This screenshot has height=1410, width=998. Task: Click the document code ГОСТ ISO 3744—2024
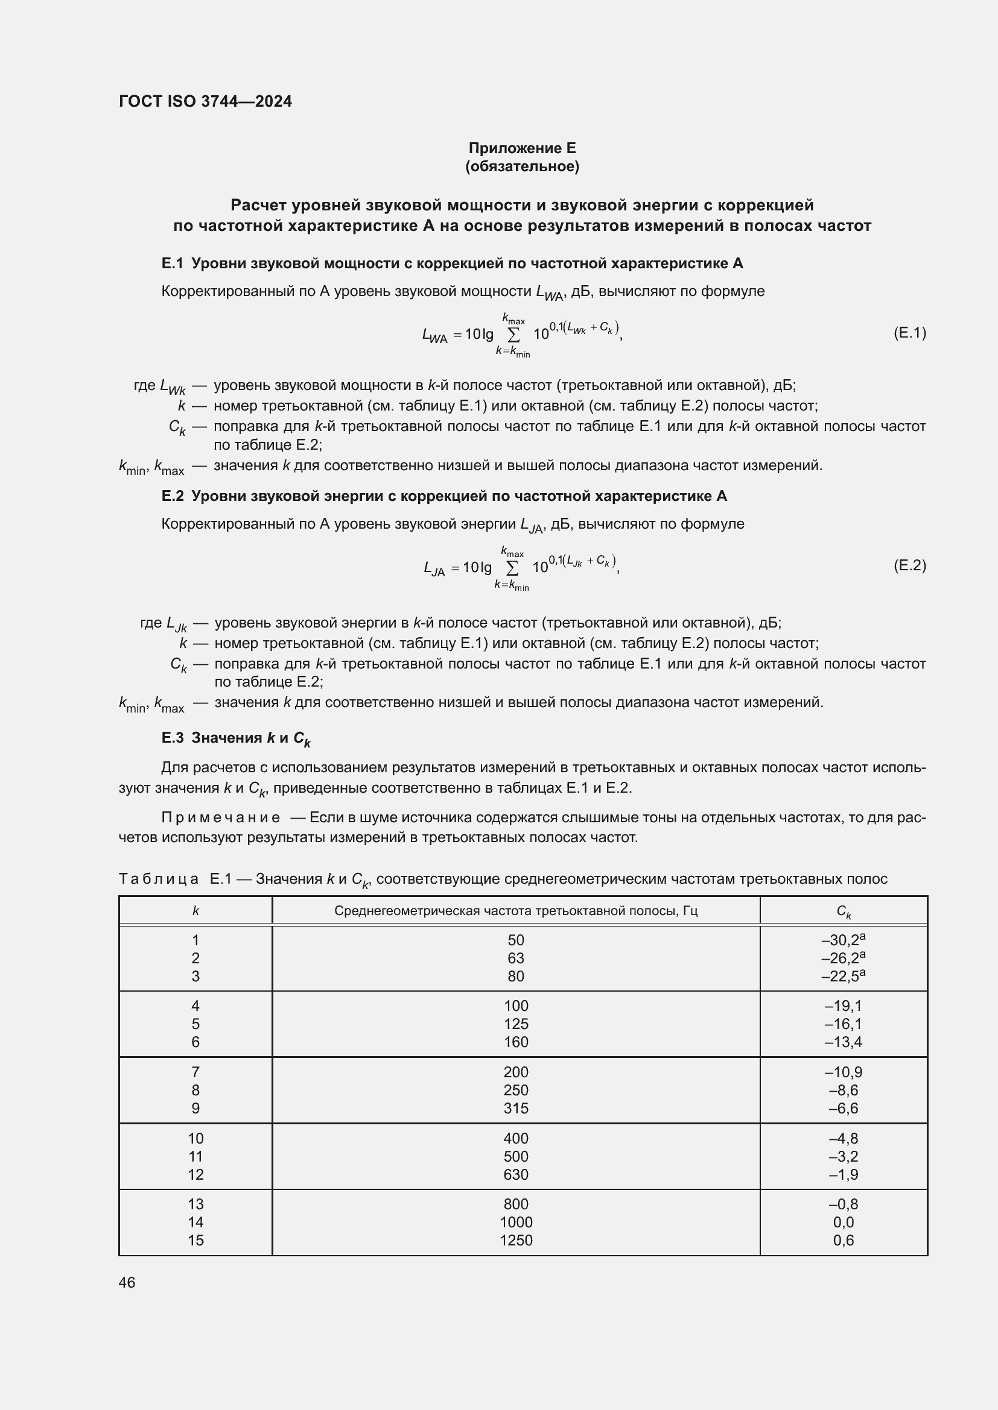(205, 101)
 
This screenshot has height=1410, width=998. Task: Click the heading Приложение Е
(522, 148)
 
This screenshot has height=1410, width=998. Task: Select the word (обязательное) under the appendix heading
(522, 166)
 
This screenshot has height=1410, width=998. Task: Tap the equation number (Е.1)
(909, 333)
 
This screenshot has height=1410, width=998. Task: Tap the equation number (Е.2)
(909, 565)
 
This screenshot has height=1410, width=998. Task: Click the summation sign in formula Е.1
(513, 335)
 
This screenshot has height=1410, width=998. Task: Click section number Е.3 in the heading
(173, 737)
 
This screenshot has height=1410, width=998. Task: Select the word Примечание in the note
(221, 817)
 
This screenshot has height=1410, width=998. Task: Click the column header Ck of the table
(843, 911)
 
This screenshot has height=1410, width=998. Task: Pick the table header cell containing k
(195, 911)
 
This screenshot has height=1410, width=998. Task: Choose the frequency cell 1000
(515, 1222)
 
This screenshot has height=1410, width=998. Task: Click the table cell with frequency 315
(515, 1109)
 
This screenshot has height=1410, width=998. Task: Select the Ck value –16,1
(843, 1024)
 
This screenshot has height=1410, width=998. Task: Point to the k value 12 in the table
(195, 1174)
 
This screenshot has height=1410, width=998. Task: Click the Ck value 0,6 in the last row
(843, 1240)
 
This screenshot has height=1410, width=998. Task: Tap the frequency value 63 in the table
(515, 958)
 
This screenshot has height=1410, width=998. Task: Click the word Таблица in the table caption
(159, 879)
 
